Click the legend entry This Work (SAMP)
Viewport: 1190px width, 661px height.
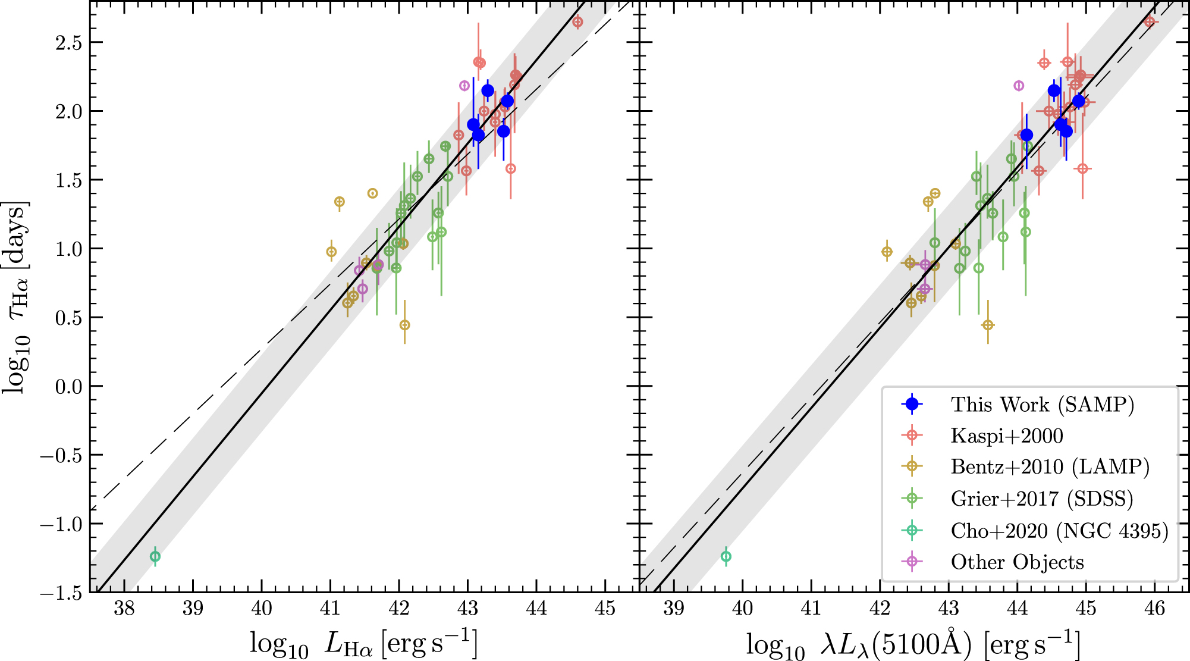(x=1042, y=405)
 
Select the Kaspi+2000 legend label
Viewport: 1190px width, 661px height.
(x=1006, y=436)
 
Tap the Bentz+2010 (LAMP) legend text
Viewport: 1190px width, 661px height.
(x=1050, y=467)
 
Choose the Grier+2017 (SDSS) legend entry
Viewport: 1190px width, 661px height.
(x=1041, y=499)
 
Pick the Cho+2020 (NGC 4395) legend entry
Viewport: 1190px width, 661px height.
(x=1059, y=530)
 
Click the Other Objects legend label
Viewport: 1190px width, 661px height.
(x=1017, y=562)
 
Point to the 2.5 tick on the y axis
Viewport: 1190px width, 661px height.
(x=68, y=43)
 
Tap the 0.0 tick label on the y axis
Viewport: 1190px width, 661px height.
(x=68, y=387)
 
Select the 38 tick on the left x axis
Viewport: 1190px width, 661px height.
(x=124, y=608)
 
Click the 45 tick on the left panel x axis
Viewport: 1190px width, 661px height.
(x=605, y=608)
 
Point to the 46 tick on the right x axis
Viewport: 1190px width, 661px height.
(x=1155, y=608)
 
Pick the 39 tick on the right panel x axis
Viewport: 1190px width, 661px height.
(x=674, y=608)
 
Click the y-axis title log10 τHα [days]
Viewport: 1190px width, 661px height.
(x=17, y=297)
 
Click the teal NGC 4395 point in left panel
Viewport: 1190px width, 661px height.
(x=155, y=556)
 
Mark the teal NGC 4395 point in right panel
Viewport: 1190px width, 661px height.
(x=726, y=556)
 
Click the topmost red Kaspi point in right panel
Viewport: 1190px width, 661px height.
(x=1150, y=22)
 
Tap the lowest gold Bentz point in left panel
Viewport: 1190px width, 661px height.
(x=404, y=325)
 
